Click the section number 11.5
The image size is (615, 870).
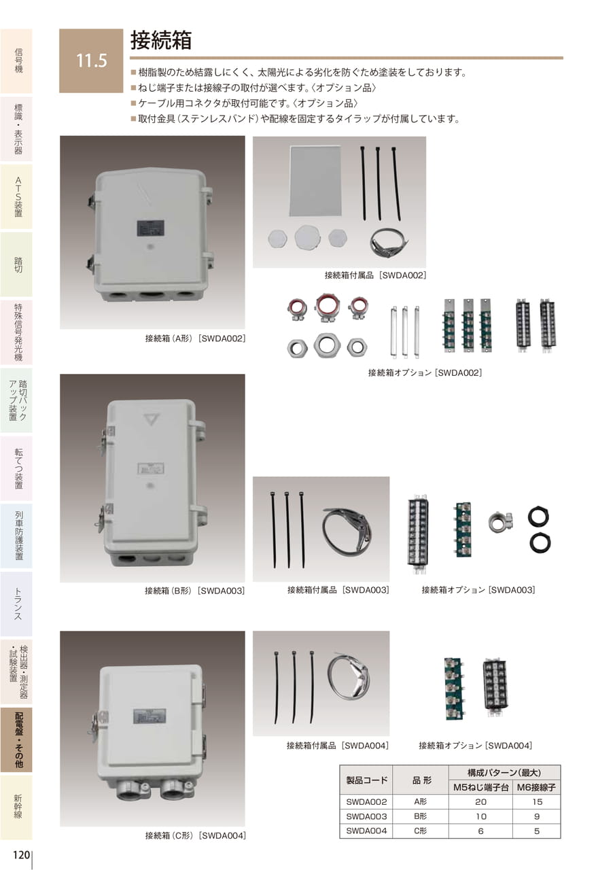pyautogui.click(x=92, y=60)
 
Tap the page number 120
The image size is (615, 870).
pyautogui.click(x=22, y=854)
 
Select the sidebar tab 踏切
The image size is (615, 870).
pyautogui.click(x=18, y=264)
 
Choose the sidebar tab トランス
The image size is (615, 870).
pyautogui.click(x=18, y=604)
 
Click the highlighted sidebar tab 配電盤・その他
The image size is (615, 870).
pyautogui.click(x=18, y=740)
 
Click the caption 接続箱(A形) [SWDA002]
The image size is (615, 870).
pyautogui.click(x=195, y=338)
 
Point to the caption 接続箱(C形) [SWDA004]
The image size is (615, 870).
pyautogui.click(x=195, y=833)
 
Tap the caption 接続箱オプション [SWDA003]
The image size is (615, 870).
pyautogui.click(x=478, y=590)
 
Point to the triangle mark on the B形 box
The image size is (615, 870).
pyautogui.click(x=151, y=419)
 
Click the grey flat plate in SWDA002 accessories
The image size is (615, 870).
pyautogui.click(x=315, y=181)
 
